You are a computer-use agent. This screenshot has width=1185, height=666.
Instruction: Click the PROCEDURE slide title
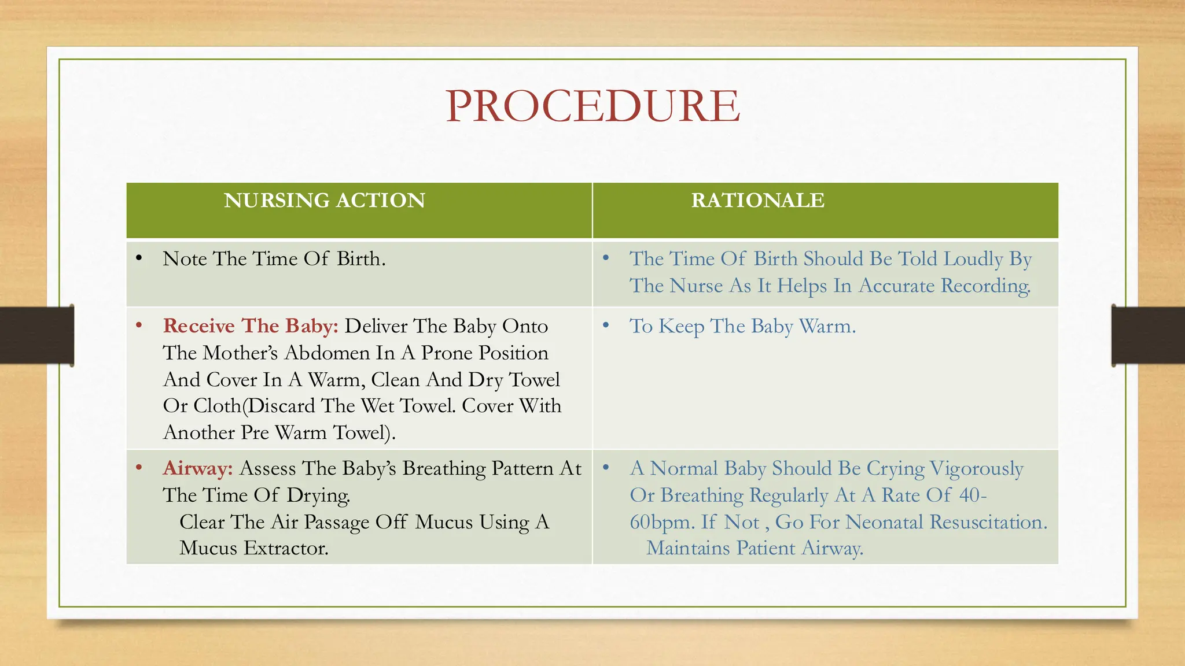point(592,106)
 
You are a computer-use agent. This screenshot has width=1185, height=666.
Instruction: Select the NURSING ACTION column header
point(324,201)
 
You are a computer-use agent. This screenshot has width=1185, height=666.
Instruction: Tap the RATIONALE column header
point(757,201)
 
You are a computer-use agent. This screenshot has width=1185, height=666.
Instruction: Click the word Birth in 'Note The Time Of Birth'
point(360,259)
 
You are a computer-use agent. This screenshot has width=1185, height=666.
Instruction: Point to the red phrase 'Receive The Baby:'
point(251,326)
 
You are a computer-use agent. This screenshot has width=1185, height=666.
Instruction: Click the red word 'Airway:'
point(198,468)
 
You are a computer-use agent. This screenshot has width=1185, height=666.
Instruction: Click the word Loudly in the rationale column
point(973,259)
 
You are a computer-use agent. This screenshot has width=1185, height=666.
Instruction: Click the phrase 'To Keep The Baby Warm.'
point(742,326)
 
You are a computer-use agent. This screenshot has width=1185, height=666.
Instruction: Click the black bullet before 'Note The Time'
point(139,258)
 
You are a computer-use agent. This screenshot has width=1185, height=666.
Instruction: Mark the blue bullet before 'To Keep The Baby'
point(606,325)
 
